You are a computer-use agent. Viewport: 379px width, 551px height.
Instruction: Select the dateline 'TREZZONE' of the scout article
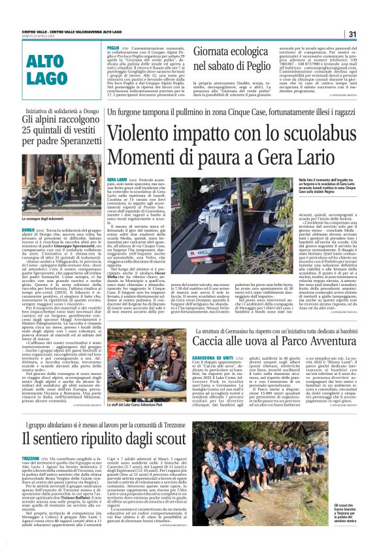tap(31, 458)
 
